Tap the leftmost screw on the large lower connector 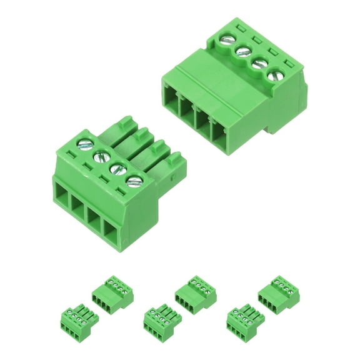(83, 144)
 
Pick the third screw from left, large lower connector (116, 169)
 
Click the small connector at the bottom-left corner (74, 319)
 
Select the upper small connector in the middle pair (195, 292)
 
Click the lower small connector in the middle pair (158, 319)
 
